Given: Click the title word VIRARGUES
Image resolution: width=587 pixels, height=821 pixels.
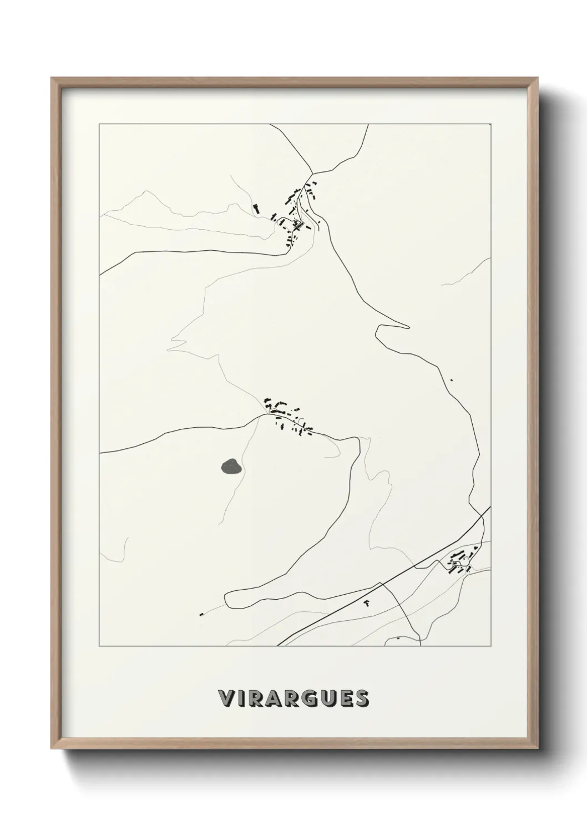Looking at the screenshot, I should tap(293, 698).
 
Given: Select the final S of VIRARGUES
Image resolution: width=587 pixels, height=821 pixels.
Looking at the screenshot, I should tap(362, 698).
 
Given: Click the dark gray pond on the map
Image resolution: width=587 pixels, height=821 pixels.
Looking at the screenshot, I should tap(231, 467).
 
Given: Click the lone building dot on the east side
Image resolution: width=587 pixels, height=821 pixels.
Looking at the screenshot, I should tap(452, 380).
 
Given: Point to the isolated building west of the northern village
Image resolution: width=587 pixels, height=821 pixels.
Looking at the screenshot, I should tap(256, 209).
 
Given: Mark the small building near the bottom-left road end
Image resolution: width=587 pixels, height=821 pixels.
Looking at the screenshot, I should tap(202, 614).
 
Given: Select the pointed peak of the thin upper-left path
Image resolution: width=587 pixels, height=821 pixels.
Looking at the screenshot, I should tap(147, 192).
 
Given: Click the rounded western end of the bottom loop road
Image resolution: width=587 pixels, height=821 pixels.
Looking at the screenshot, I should tap(226, 599).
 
